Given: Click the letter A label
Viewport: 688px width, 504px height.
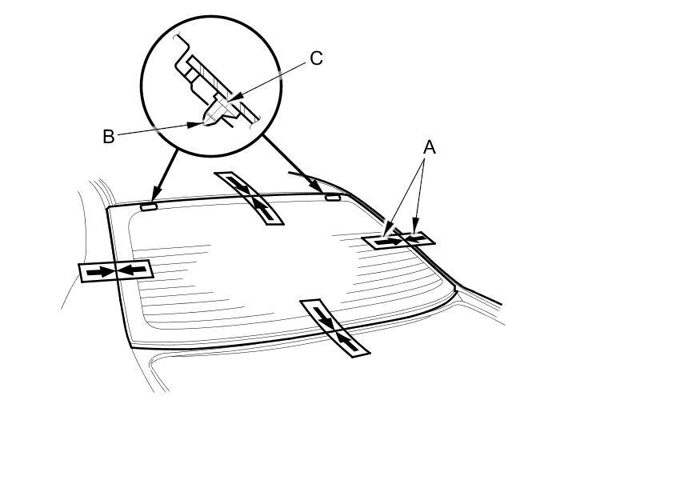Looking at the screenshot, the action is pyautogui.click(x=429, y=147).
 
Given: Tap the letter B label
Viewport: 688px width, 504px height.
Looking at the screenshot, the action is pyautogui.click(x=109, y=137).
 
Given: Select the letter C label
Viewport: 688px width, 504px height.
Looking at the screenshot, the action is pyautogui.click(x=316, y=58).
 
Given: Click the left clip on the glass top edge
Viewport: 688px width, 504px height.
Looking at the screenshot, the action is pyautogui.click(x=149, y=206).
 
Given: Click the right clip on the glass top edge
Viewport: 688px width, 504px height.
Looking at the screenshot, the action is pyautogui.click(x=332, y=195).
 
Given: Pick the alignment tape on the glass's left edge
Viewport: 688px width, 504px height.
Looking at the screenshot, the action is pyautogui.click(x=115, y=271).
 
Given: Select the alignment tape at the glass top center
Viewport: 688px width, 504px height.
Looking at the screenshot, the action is pyautogui.click(x=250, y=198).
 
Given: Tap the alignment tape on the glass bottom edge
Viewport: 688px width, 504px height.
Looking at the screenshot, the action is pyautogui.click(x=335, y=327).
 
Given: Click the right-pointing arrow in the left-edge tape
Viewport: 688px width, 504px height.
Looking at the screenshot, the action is pyautogui.click(x=100, y=272).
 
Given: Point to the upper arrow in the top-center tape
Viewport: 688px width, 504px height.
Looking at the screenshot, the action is pyautogui.click(x=239, y=186).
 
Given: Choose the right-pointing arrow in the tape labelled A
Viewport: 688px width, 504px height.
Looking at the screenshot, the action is pyautogui.click(x=390, y=240).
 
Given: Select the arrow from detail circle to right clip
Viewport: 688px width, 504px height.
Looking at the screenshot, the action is pyautogui.click(x=292, y=165).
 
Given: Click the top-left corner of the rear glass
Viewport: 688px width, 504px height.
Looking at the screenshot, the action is pyautogui.click(x=108, y=208).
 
